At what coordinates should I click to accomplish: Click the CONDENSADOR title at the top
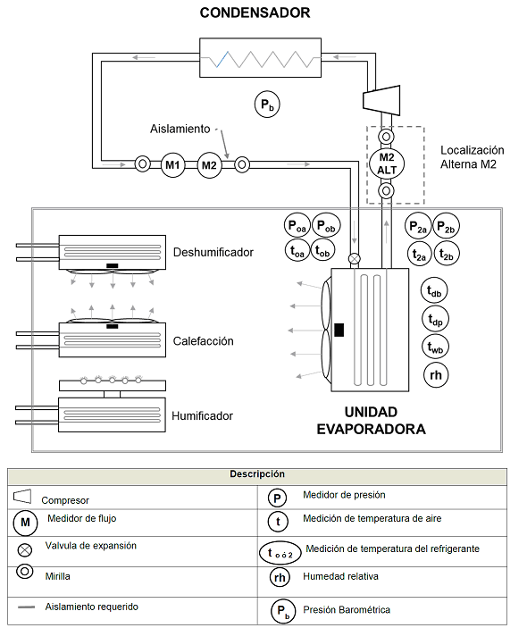point(255,13)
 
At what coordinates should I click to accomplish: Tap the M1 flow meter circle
point(172,164)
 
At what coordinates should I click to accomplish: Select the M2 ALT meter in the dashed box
point(386,163)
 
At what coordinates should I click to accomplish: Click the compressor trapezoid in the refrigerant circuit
point(381,100)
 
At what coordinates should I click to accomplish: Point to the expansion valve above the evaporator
point(355,259)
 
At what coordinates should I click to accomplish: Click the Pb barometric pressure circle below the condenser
point(267,105)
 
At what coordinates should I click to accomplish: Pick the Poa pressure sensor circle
point(297,225)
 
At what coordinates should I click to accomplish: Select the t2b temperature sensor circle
point(447,254)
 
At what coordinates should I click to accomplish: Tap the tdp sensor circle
point(435,319)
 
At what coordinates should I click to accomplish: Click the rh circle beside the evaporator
point(436,375)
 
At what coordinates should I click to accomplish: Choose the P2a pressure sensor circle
point(418,226)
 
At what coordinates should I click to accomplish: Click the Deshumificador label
point(213,252)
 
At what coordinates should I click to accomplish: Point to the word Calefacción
point(203,341)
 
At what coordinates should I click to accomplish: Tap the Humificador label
point(202,415)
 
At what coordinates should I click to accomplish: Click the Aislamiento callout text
point(180,129)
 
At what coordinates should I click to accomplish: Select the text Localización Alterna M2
point(472,157)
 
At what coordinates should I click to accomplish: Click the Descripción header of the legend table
point(257,473)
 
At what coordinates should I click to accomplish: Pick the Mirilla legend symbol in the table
point(24,572)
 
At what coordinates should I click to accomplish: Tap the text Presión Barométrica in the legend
point(347,609)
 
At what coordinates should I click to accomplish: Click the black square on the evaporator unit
point(339,330)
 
